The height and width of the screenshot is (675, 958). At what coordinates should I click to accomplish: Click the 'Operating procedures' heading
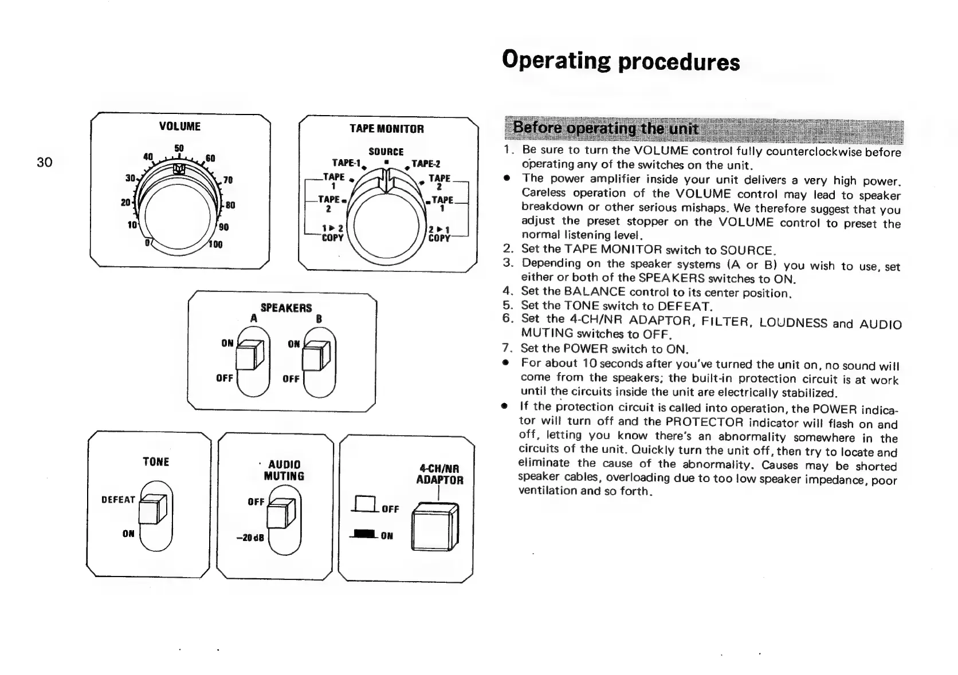tap(621, 61)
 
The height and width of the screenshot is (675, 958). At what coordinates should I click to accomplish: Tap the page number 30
tap(44, 162)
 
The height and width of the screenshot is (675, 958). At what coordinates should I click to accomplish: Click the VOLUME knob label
tap(179, 126)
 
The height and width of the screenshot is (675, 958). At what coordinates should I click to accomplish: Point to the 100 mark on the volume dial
tap(215, 244)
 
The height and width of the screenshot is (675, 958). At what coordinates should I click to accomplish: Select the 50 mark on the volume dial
tap(179, 148)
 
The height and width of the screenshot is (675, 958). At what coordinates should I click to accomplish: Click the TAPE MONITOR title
tap(387, 129)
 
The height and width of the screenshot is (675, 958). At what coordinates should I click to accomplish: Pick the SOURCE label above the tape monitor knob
tap(386, 152)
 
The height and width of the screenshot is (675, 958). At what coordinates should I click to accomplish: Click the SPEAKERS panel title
tap(286, 308)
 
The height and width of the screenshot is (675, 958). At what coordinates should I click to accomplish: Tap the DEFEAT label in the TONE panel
tap(118, 500)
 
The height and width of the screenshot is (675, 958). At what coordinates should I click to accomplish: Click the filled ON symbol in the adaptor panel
tap(365, 535)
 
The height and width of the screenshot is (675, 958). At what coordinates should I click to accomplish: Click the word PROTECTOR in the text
tap(704, 423)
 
